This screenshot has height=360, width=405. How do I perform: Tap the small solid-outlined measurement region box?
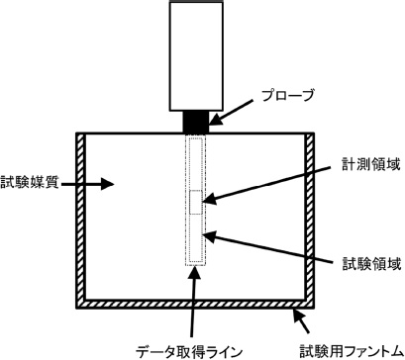196,200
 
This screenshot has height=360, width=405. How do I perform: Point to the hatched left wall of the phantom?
82,217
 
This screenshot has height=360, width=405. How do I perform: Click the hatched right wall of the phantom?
310,217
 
